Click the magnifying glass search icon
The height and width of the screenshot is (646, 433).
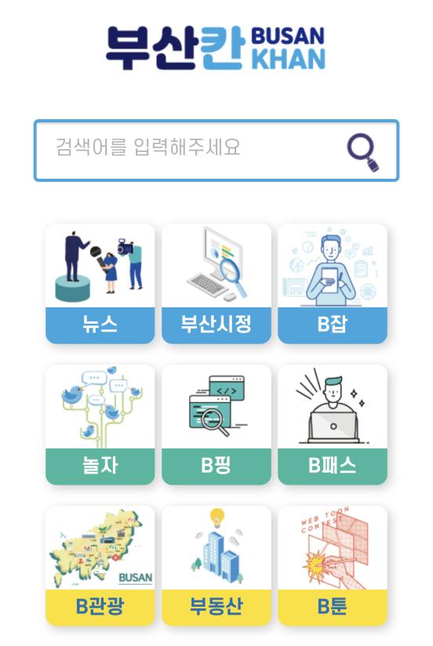point(362,152)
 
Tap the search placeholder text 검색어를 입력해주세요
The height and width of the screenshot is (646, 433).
point(147,147)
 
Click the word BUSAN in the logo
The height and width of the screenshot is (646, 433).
point(287,36)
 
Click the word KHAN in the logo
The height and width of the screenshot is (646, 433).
point(288,59)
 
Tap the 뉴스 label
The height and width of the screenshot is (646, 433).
point(100,324)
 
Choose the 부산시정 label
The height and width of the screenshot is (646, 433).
point(216,324)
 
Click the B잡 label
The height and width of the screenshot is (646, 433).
point(333,324)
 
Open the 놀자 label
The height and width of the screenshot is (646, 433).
point(100,466)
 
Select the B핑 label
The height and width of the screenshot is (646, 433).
point(216,466)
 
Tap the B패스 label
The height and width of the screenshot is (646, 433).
point(333,466)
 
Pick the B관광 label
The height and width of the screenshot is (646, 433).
point(100,607)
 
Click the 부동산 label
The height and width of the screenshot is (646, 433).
point(216,607)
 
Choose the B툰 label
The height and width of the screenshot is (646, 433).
point(333,607)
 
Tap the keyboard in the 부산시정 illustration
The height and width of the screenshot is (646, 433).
point(206,284)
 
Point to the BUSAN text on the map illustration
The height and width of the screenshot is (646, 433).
point(135,578)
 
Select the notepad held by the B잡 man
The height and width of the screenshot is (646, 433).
point(330,280)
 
